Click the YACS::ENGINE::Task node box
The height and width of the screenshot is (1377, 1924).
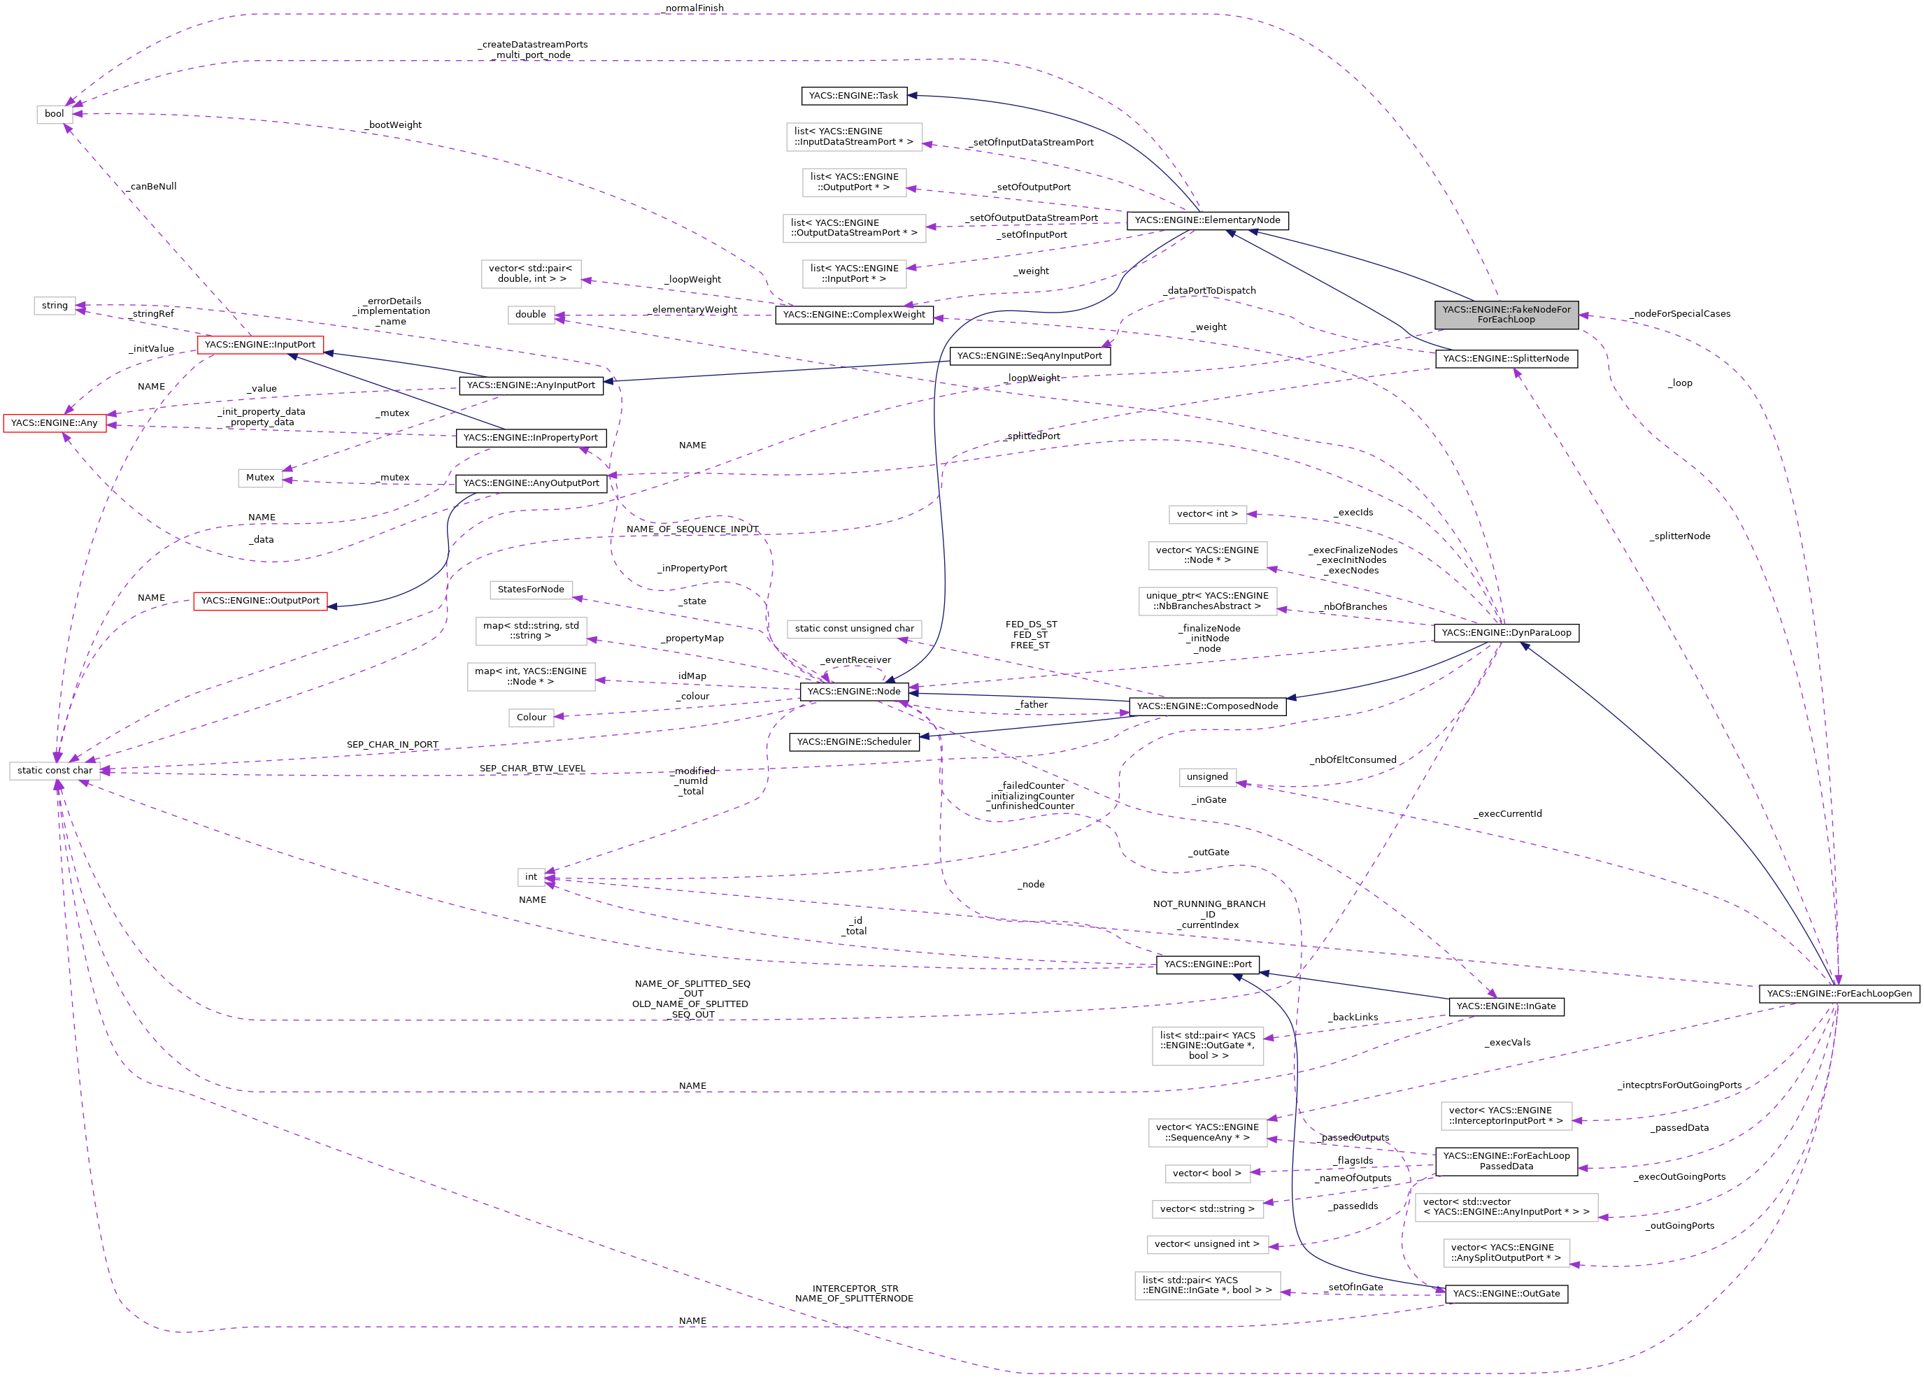tap(854, 96)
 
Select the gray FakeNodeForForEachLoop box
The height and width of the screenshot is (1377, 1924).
tap(1505, 315)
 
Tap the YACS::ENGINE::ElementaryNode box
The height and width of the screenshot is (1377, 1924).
tap(1206, 220)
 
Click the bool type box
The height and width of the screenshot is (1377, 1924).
tap(55, 113)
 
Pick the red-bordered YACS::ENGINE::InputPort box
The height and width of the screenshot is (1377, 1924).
tap(259, 345)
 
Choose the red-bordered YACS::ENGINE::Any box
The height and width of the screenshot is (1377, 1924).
tap(55, 423)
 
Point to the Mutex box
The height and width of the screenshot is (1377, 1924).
tap(259, 478)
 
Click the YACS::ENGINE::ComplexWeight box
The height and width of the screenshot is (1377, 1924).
tap(854, 315)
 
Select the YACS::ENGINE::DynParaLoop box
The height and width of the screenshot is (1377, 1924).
tap(1505, 632)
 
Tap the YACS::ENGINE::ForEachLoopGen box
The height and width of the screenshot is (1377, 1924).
tap(1839, 994)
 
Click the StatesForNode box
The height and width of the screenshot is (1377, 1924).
tap(531, 590)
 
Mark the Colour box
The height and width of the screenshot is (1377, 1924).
tap(531, 718)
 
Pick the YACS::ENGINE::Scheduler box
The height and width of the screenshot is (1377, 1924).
tap(854, 742)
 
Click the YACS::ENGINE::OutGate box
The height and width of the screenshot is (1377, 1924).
tap(1505, 1294)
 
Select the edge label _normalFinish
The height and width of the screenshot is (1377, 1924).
tap(694, 8)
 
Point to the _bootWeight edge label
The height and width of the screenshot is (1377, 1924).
tap(394, 125)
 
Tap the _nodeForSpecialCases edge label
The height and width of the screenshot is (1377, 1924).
tap(1681, 314)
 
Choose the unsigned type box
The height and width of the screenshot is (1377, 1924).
tap(1206, 777)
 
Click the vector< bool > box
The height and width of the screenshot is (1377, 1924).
tap(1206, 1173)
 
